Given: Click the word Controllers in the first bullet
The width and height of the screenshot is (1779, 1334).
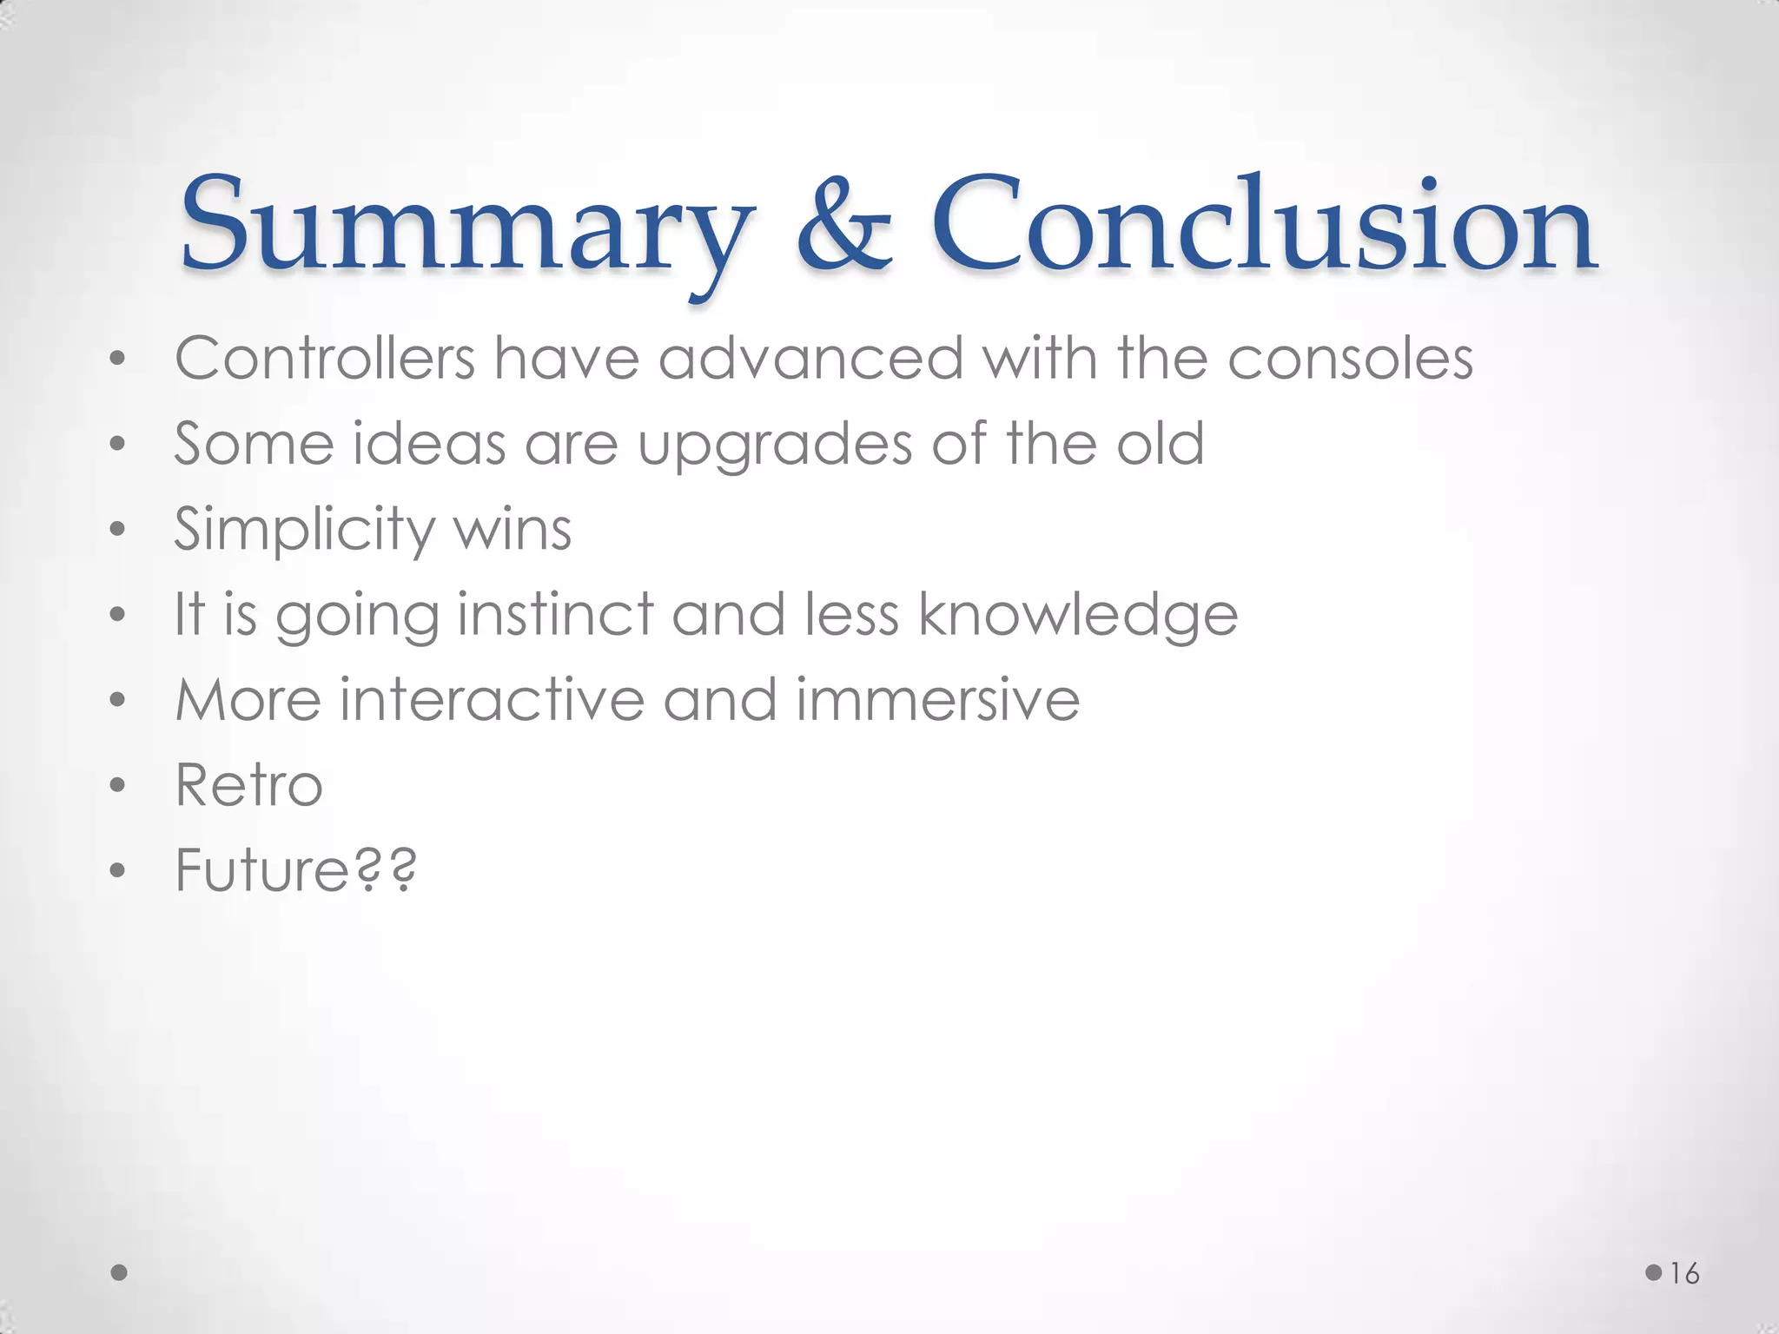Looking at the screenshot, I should pyautogui.click(x=325, y=358).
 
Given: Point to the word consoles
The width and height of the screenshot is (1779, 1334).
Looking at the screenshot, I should pyautogui.click(x=1350, y=358).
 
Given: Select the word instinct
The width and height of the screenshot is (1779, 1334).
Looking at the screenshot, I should pyautogui.click(x=555, y=614).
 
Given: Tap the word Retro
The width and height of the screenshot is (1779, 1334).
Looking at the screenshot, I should pyautogui.click(x=248, y=785).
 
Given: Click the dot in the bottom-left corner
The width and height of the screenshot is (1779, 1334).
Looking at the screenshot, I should pyautogui.click(x=120, y=1273).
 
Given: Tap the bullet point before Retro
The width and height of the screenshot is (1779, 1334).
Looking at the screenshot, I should pyautogui.click(x=118, y=787).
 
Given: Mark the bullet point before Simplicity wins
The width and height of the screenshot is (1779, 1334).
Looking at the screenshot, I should pyautogui.click(x=118, y=531).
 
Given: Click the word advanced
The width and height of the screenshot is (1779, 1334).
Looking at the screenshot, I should pyautogui.click(x=810, y=358).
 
